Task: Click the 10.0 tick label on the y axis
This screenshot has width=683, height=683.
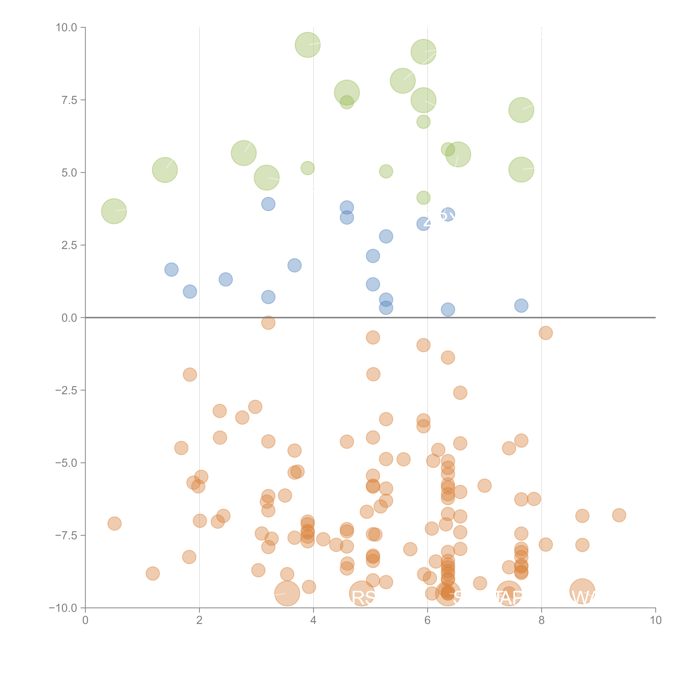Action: [67, 28]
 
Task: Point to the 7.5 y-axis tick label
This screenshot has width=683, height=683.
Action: [69, 100]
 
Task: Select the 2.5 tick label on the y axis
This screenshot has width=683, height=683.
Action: [69, 245]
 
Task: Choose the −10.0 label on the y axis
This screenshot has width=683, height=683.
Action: [64, 608]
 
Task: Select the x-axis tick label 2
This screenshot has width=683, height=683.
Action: [199, 620]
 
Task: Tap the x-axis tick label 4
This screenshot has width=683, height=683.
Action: [314, 620]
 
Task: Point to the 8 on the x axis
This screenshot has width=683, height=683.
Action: [542, 620]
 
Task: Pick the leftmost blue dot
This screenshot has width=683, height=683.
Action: [171, 270]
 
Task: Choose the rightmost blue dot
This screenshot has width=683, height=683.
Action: [521, 305]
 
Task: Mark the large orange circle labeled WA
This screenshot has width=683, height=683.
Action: [582, 591]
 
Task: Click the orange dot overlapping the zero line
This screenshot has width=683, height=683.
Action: [268, 322]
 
